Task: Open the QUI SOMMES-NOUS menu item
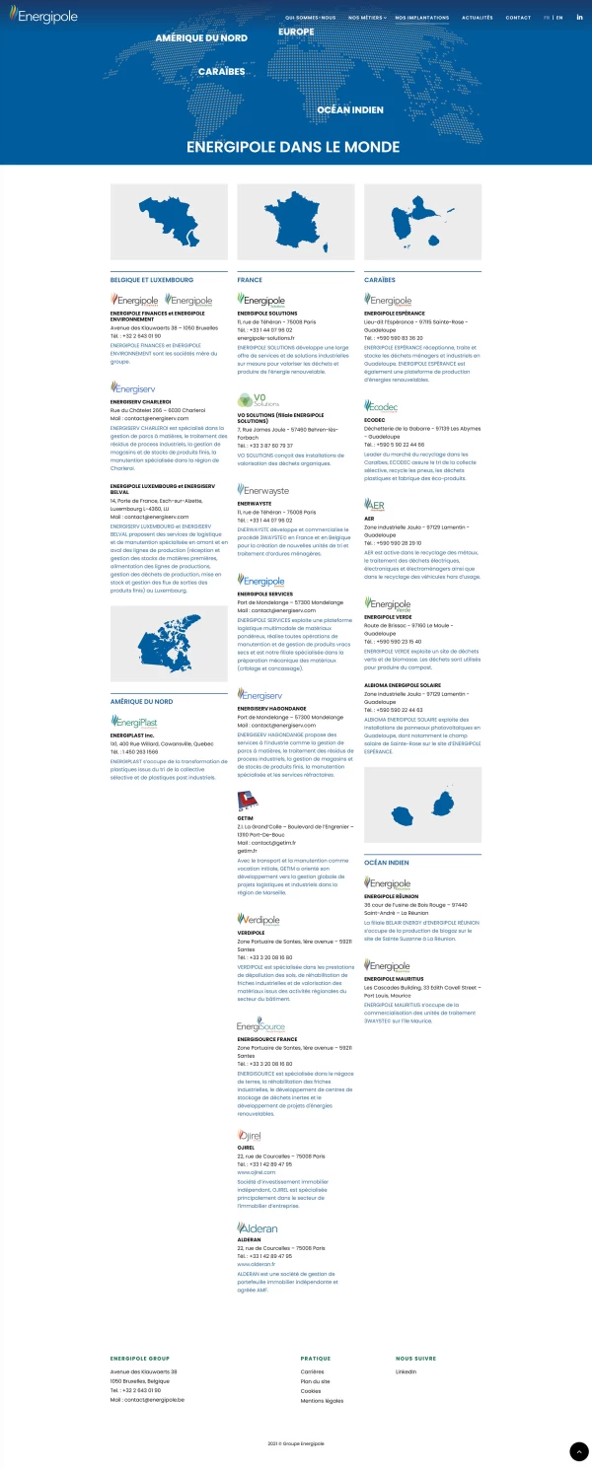tap(310, 18)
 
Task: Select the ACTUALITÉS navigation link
tap(478, 18)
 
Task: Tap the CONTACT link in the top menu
tap(518, 18)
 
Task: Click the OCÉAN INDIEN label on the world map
tap(350, 110)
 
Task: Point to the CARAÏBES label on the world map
tap(221, 72)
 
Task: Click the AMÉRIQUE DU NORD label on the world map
tap(201, 37)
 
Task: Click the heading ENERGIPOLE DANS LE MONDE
tap(295, 146)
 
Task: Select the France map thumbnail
tap(296, 222)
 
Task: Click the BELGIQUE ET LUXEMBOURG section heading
tap(152, 280)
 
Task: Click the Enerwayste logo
tap(263, 490)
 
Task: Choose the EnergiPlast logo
tap(134, 723)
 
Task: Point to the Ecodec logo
tap(381, 406)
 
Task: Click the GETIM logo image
tap(247, 800)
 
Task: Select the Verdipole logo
tap(259, 920)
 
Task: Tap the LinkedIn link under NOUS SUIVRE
tap(407, 1371)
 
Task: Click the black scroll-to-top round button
tap(579, 1451)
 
